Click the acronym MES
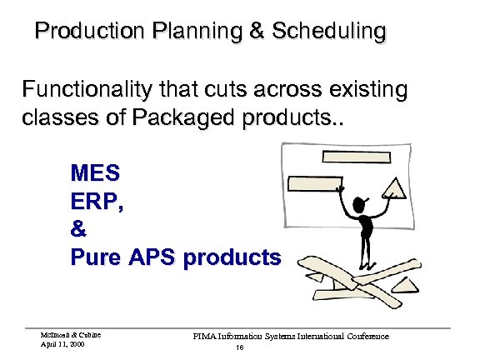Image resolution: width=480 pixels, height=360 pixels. pyautogui.click(x=95, y=173)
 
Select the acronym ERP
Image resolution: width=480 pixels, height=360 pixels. pyautogui.click(x=97, y=202)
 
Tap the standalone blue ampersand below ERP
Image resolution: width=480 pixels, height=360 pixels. pyautogui.click(x=79, y=229)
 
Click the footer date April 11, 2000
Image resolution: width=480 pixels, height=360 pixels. pyautogui.click(x=61, y=342)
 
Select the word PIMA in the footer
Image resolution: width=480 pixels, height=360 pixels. pyautogui.click(x=205, y=336)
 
